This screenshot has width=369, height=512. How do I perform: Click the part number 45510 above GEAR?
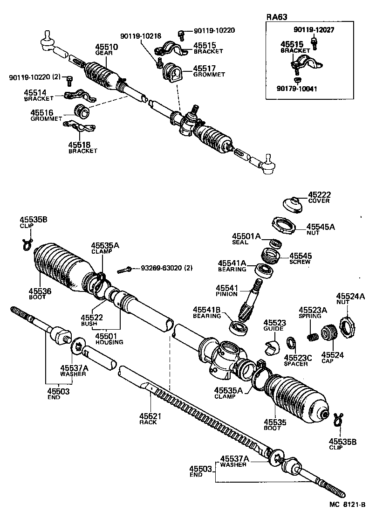click(107, 47)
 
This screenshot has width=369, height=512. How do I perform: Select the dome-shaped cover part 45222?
click(292, 203)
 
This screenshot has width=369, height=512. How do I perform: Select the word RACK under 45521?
click(148, 422)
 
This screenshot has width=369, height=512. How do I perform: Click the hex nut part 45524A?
click(347, 325)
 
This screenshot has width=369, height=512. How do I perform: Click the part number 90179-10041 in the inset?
click(297, 89)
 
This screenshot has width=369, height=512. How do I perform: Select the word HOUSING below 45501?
click(109, 342)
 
